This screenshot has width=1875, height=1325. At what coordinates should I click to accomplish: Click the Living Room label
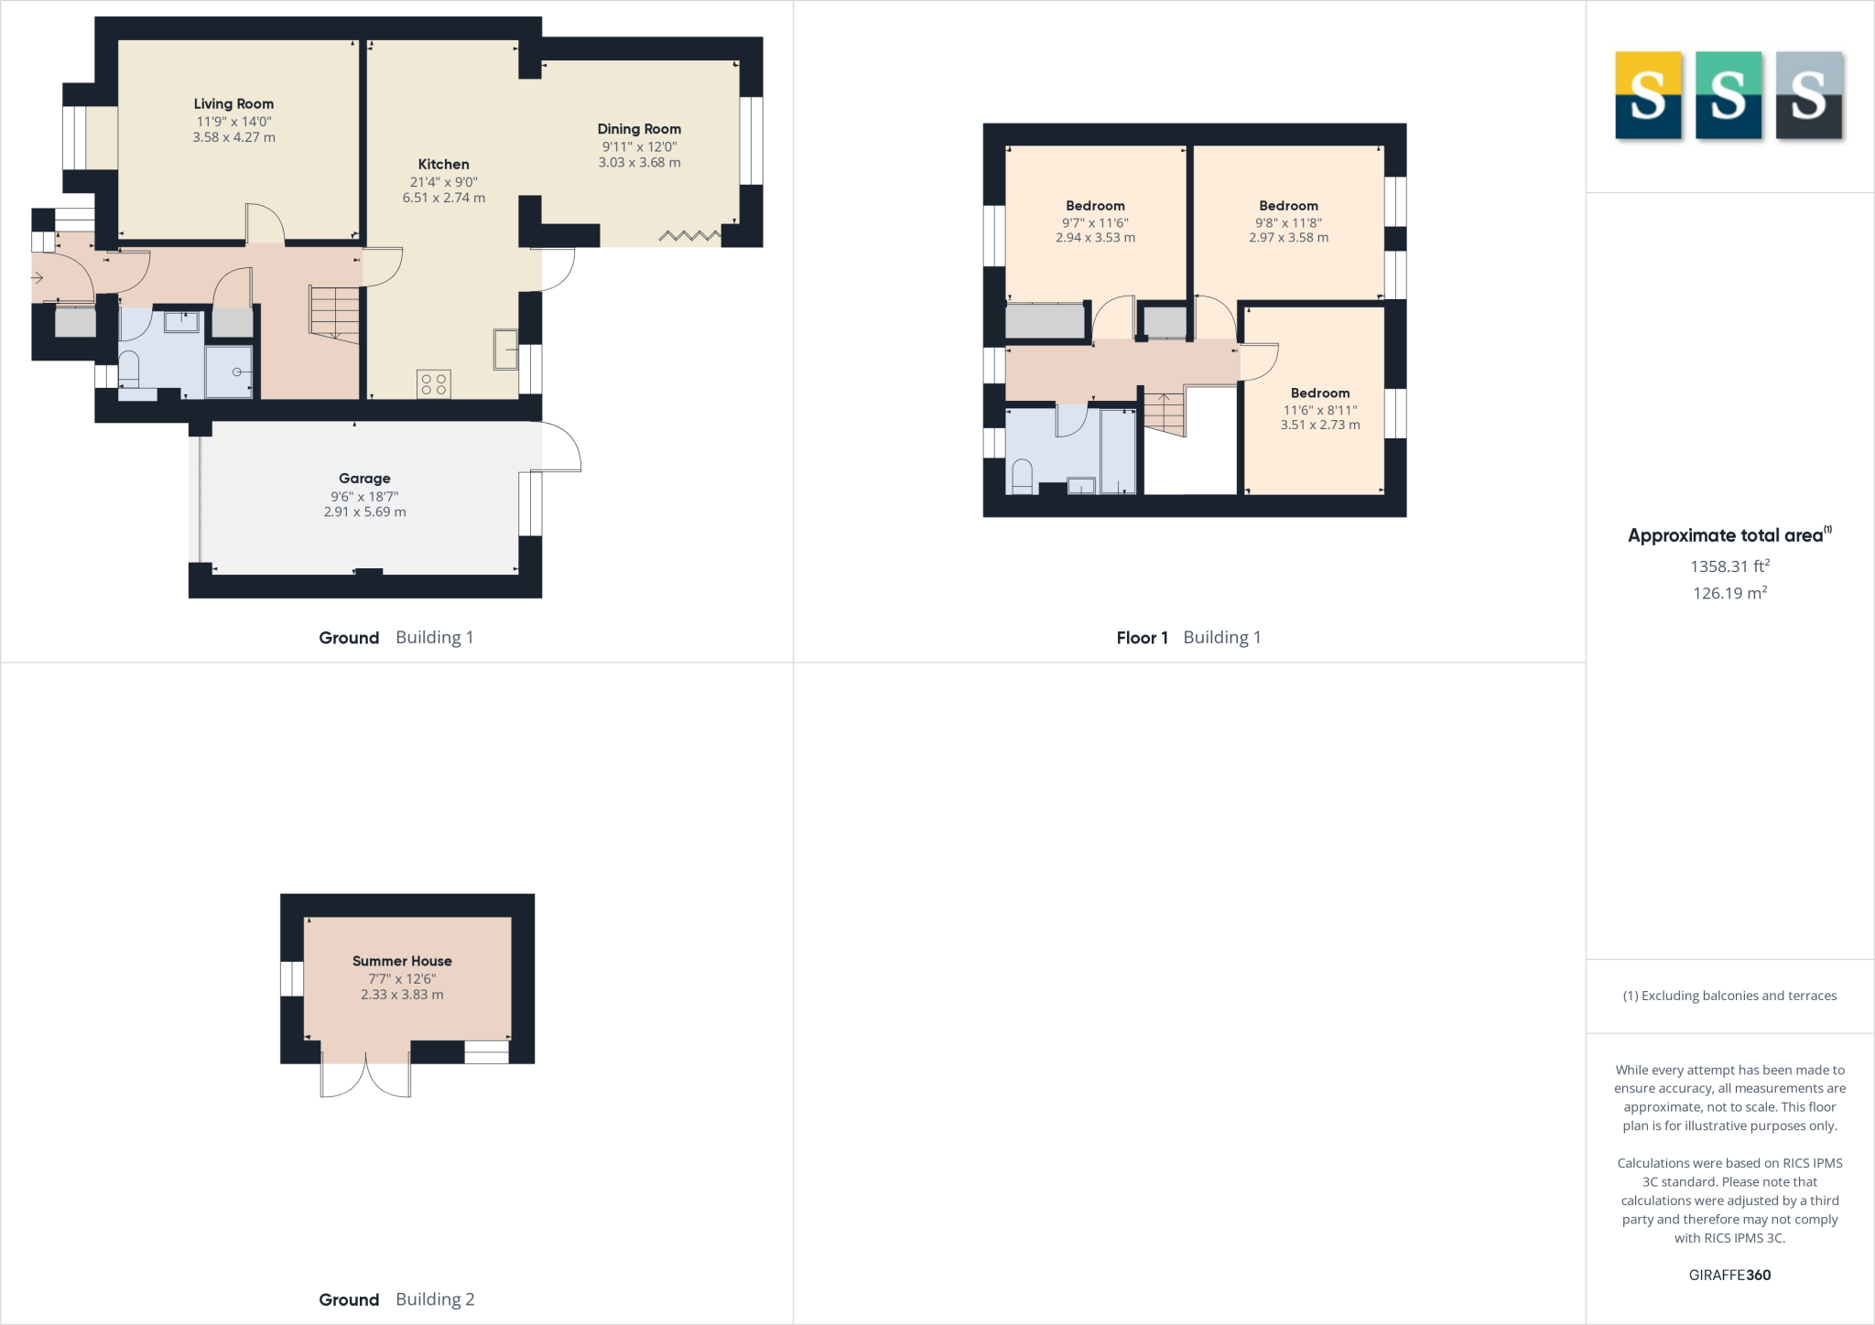tap(233, 104)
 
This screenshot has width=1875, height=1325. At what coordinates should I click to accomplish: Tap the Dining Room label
tap(639, 129)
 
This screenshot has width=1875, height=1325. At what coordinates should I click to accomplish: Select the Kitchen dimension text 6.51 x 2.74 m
tap(444, 198)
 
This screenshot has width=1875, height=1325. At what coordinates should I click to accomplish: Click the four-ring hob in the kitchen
tap(434, 384)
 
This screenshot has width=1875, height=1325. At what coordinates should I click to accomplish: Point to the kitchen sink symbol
tap(505, 350)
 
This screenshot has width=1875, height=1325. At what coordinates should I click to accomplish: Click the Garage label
tap(364, 479)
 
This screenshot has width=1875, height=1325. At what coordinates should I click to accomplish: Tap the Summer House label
tap(402, 961)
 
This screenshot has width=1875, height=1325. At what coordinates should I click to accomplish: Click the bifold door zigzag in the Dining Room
tap(689, 236)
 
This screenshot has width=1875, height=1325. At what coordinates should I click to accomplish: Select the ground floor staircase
tap(334, 313)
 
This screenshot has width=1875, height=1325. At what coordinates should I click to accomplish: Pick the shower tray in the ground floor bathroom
tap(229, 372)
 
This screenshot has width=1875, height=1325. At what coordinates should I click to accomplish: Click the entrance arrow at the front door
tap(38, 277)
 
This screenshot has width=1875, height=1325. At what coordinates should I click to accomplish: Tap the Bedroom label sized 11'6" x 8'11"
tap(1320, 393)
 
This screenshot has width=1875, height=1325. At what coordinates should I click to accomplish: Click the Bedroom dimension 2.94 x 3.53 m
tap(1095, 238)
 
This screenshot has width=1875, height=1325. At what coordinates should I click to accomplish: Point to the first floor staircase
tap(1164, 414)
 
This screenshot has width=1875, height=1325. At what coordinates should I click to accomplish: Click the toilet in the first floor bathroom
tap(1022, 476)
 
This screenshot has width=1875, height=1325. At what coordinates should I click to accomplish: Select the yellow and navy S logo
tap(1648, 96)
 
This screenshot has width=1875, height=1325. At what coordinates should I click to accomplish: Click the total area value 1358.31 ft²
tap(1729, 566)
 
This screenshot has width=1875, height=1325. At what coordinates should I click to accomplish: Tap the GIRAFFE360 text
tap(1729, 1275)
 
